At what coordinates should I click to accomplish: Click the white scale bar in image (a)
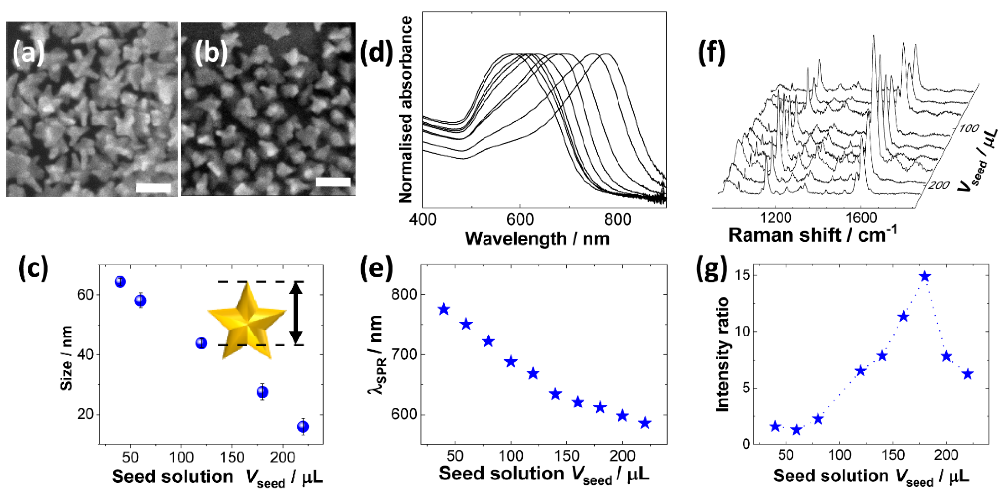pos(154,188)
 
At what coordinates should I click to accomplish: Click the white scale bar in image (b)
pos(333,182)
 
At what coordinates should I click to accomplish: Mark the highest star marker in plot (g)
pos(925,277)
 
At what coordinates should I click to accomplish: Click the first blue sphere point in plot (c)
pos(120,281)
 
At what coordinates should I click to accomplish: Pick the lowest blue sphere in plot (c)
pos(303,427)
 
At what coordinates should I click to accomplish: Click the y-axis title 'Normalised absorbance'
pos(405,110)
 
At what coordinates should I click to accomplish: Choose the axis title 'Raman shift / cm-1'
pos(812,235)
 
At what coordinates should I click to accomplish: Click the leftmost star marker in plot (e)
pos(444,310)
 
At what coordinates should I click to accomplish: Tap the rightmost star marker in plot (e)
pos(645,423)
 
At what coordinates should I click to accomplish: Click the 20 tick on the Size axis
pos(85,414)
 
